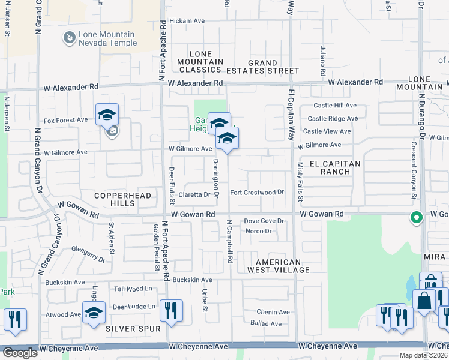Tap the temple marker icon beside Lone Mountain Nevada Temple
coord(69,38)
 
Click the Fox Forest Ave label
coord(65,120)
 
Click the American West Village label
coord(277,266)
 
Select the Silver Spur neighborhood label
coord(133,329)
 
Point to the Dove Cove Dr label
coord(264,221)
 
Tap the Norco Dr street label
coord(258,231)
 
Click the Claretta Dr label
coord(194,194)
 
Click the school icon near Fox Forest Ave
coord(107,114)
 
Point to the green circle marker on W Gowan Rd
coord(415,217)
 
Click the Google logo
coord(19,353)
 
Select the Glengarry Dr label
coord(88,256)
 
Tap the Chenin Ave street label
coord(273,312)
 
